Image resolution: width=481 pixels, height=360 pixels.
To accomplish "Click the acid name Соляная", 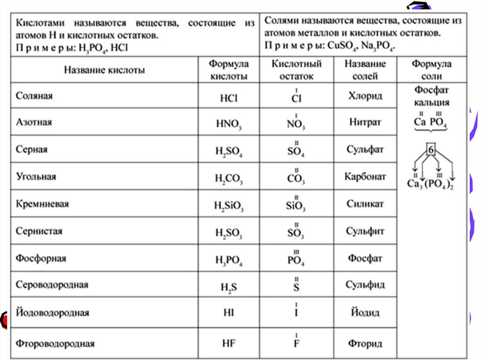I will [x=34, y=96].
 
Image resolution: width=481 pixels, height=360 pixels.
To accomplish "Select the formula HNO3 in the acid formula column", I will [x=229, y=124].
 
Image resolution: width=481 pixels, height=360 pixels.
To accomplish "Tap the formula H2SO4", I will [x=229, y=151].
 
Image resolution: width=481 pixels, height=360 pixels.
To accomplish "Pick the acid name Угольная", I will [x=36, y=177].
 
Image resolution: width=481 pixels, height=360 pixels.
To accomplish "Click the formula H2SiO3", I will [x=229, y=206].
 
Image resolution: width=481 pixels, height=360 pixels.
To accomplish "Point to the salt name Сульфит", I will [x=365, y=231].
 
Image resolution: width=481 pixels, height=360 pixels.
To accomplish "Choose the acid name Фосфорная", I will [x=41, y=258].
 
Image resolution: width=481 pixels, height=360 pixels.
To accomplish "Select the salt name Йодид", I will [x=365, y=312].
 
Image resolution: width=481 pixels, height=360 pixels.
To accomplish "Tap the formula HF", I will [x=229, y=343].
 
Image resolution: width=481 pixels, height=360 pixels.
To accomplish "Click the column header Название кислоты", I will [x=104, y=70].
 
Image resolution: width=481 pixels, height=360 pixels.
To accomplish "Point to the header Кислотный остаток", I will [x=296, y=69].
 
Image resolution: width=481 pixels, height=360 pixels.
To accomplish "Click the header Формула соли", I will [x=432, y=69].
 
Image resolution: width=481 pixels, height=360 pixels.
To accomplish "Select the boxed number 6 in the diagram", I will [x=432, y=150].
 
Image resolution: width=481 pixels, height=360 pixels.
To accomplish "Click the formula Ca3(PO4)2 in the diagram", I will [x=432, y=184].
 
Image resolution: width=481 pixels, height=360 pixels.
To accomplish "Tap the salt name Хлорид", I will [x=365, y=96].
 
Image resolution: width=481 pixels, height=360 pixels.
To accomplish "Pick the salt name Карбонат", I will [x=365, y=177].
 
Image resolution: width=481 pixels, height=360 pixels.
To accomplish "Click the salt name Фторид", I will [x=365, y=343].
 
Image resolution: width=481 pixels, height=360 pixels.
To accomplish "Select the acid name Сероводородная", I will [x=52, y=285].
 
